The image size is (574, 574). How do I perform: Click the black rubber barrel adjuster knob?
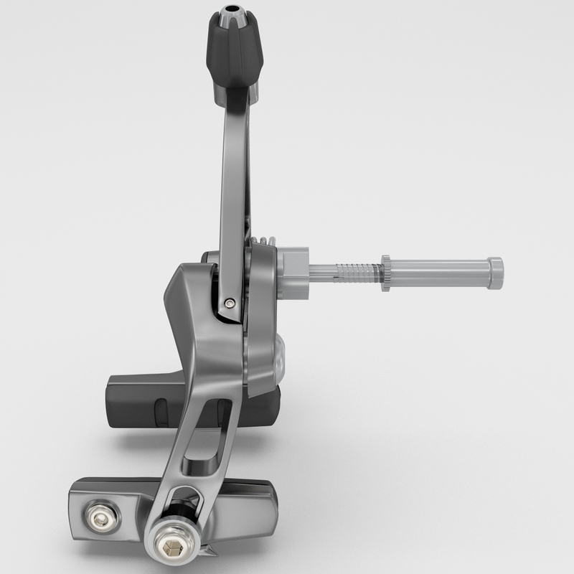point(234,50)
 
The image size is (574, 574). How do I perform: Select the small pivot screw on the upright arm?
point(229,303)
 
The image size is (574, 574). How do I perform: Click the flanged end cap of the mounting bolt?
point(496,273)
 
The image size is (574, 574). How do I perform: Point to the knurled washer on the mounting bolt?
point(386,273)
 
